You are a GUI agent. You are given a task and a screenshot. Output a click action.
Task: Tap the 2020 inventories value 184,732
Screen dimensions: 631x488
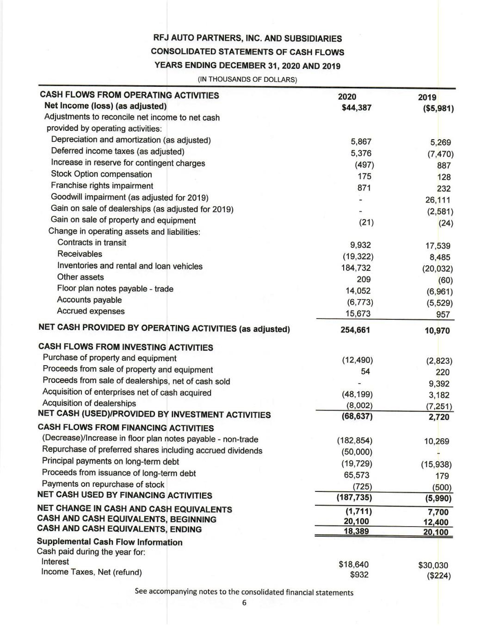(x=356, y=268)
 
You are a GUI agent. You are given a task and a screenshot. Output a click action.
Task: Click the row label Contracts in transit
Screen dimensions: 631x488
(x=92, y=243)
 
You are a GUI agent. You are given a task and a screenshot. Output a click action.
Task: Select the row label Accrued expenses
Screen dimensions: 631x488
(x=91, y=311)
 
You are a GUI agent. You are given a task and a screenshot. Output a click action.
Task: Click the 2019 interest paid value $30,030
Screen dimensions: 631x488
(x=433, y=565)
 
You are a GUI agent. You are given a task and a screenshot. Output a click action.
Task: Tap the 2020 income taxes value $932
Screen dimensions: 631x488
(x=359, y=575)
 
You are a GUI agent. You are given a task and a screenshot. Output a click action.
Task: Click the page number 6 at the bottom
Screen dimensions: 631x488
(x=244, y=603)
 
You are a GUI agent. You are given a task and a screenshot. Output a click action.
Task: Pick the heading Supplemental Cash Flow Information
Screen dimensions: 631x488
(x=110, y=542)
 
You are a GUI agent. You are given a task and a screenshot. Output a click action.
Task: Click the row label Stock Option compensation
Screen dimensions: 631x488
(x=101, y=174)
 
